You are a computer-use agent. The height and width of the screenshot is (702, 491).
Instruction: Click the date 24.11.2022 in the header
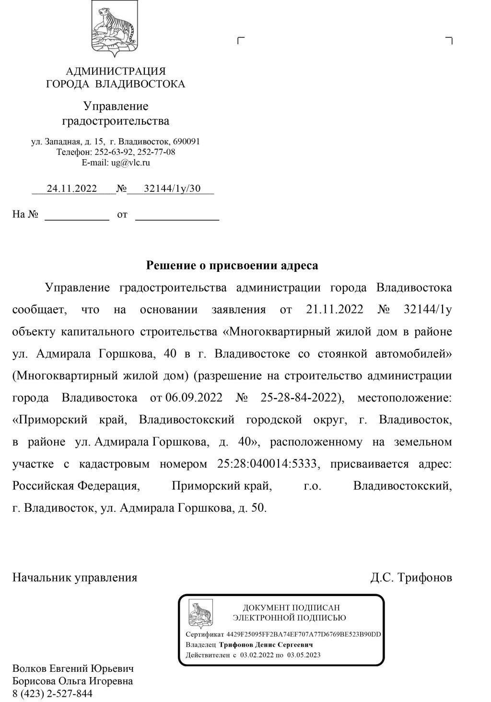[x=72, y=188]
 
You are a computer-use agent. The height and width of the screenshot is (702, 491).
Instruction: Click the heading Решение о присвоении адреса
[x=232, y=265]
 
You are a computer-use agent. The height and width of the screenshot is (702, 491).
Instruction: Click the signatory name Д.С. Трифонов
[x=411, y=577]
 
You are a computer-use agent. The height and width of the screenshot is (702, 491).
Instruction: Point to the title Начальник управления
[x=75, y=577]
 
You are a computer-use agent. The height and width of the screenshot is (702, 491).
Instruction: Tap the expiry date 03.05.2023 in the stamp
[x=304, y=655]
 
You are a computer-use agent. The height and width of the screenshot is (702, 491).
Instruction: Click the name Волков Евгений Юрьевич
[x=73, y=668]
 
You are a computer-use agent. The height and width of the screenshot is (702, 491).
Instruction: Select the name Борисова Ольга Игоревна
[x=72, y=681]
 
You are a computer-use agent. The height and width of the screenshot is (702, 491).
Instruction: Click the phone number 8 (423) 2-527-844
[x=52, y=693]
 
